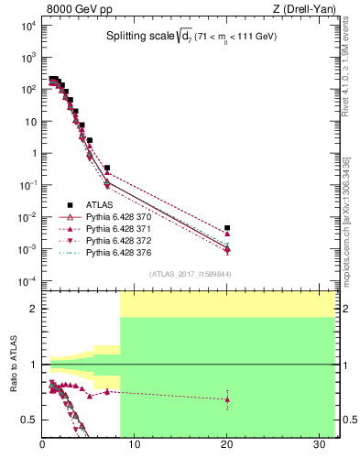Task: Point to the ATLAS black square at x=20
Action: (227, 228)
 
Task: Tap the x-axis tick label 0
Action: (43, 446)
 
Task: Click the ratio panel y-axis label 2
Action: (31, 310)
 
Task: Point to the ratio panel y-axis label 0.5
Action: (27, 420)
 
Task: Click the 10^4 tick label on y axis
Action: (27, 26)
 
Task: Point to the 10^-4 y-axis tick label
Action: (27, 281)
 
